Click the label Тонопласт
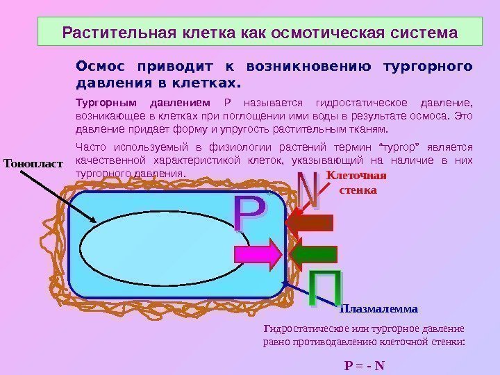pyautogui.click(x=33, y=165)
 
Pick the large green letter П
pyautogui.click(x=324, y=288)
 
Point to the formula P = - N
pyautogui.click(x=365, y=365)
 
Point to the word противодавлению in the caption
pyautogui.click(x=345, y=342)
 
